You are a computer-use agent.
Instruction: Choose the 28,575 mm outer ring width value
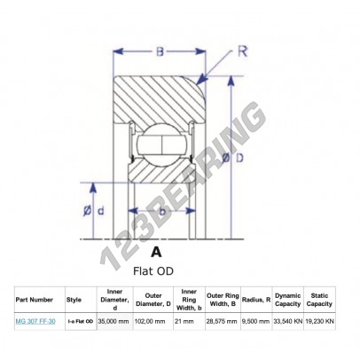(222, 322)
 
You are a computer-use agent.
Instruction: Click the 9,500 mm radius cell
(256, 322)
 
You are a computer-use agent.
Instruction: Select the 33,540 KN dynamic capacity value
(289, 322)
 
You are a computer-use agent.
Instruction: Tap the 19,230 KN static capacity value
(321, 322)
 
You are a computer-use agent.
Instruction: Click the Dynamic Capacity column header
(287, 300)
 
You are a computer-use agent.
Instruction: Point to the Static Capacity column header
(320, 300)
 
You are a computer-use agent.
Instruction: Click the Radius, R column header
(255, 300)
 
